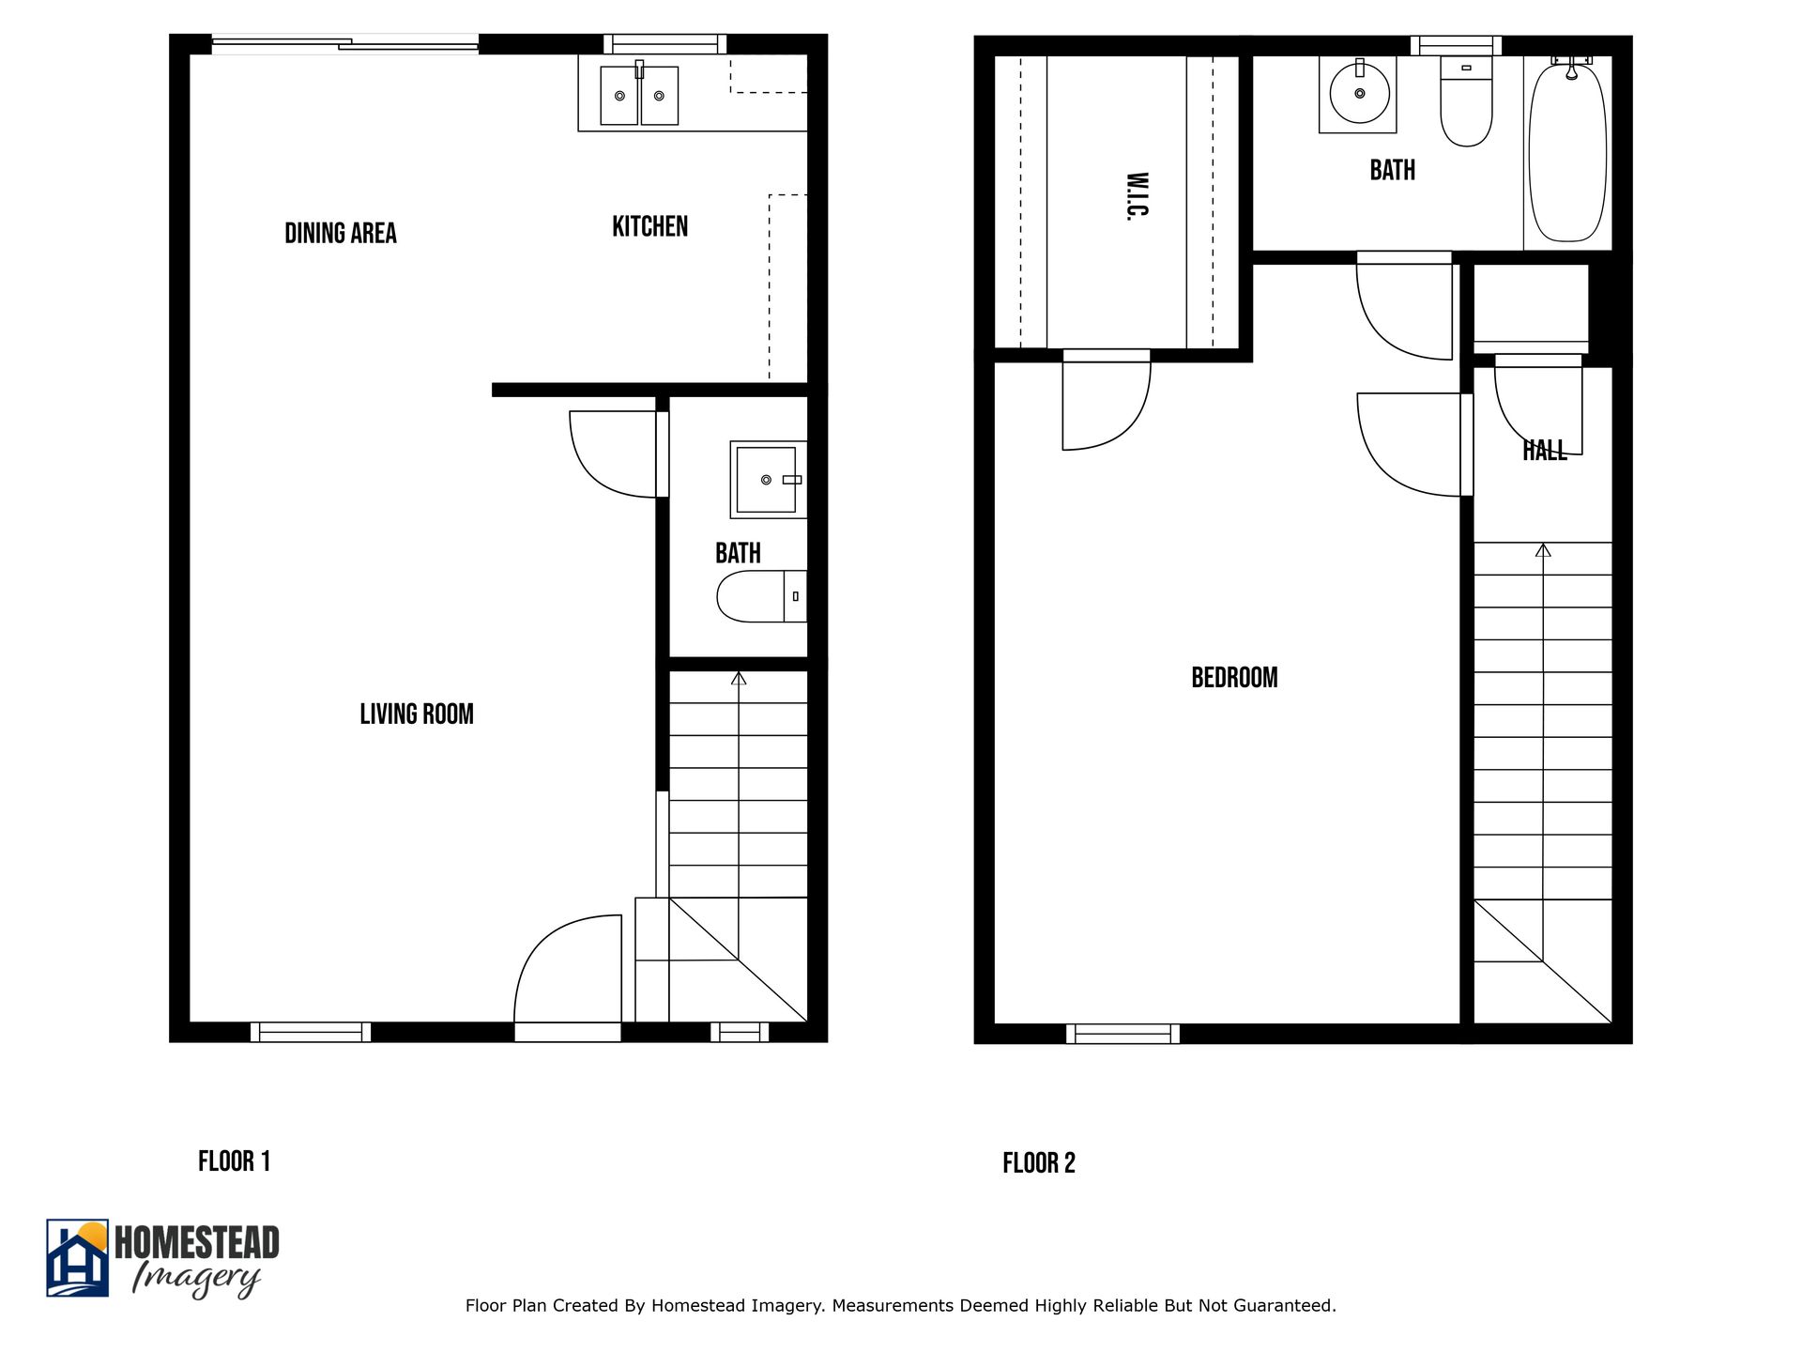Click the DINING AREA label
point(340,233)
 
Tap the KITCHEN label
point(649,226)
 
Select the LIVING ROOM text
point(417,714)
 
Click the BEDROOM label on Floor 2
point(1234,677)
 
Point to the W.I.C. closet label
point(1137,195)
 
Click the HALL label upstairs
point(1544,451)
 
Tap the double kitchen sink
point(639,95)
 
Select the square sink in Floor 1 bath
point(767,480)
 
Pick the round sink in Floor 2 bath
point(1359,94)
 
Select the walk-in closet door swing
point(1103,404)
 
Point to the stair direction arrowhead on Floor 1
point(739,678)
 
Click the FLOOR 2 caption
point(1038,1163)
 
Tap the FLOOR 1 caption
point(234,1161)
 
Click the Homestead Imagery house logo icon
point(78,1258)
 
